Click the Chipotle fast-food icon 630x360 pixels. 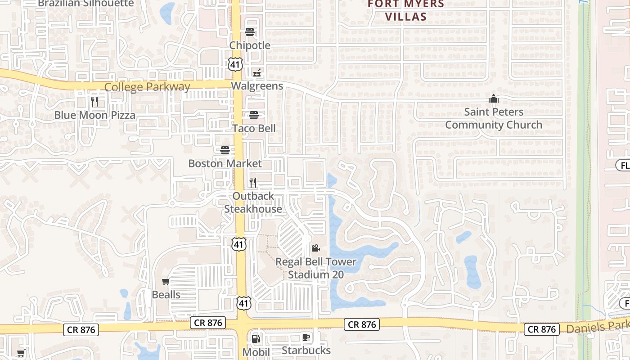point(250,31)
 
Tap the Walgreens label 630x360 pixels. point(257,86)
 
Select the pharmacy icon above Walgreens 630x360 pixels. point(257,72)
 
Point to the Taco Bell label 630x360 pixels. point(254,128)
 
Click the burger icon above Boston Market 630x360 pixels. point(225,150)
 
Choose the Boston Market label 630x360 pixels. point(225,163)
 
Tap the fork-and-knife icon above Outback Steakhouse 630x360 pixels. point(253,182)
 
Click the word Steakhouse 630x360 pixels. point(253,209)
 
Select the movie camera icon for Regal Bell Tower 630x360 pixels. point(315,248)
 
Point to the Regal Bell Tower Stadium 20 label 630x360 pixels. point(315,268)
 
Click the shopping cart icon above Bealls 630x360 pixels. point(166,282)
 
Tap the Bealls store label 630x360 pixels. point(166,295)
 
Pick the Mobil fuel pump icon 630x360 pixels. point(256,338)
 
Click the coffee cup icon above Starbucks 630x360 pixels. point(306,337)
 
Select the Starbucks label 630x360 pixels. point(306,350)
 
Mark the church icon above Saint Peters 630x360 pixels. point(494,98)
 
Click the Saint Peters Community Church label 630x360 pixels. point(494,118)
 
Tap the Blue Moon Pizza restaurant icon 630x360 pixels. point(94,102)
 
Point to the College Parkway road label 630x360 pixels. point(147,87)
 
